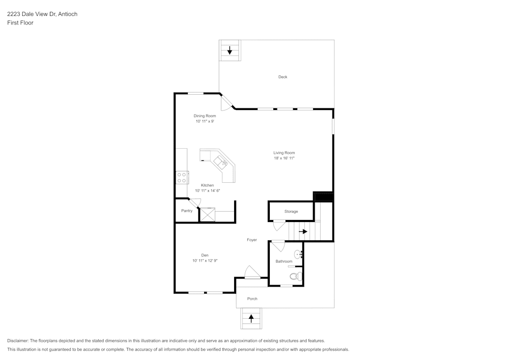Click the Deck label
tap(282, 77)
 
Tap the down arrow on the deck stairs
tap(230, 50)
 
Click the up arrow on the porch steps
tap(251, 318)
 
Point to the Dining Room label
tap(205, 116)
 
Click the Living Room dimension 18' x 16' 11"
tap(284, 158)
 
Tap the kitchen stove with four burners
tap(182, 177)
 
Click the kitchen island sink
tap(221, 162)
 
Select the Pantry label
tap(187, 211)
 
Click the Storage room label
tap(291, 211)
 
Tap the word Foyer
tap(252, 240)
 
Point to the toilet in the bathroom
tap(295, 276)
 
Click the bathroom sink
tap(298, 253)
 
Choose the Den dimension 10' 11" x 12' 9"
tap(205, 261)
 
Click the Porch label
tap(252, 299)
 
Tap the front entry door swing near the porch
tap(252, 272)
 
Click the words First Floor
tap(20, 23)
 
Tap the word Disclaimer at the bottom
tap(18, 341)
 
